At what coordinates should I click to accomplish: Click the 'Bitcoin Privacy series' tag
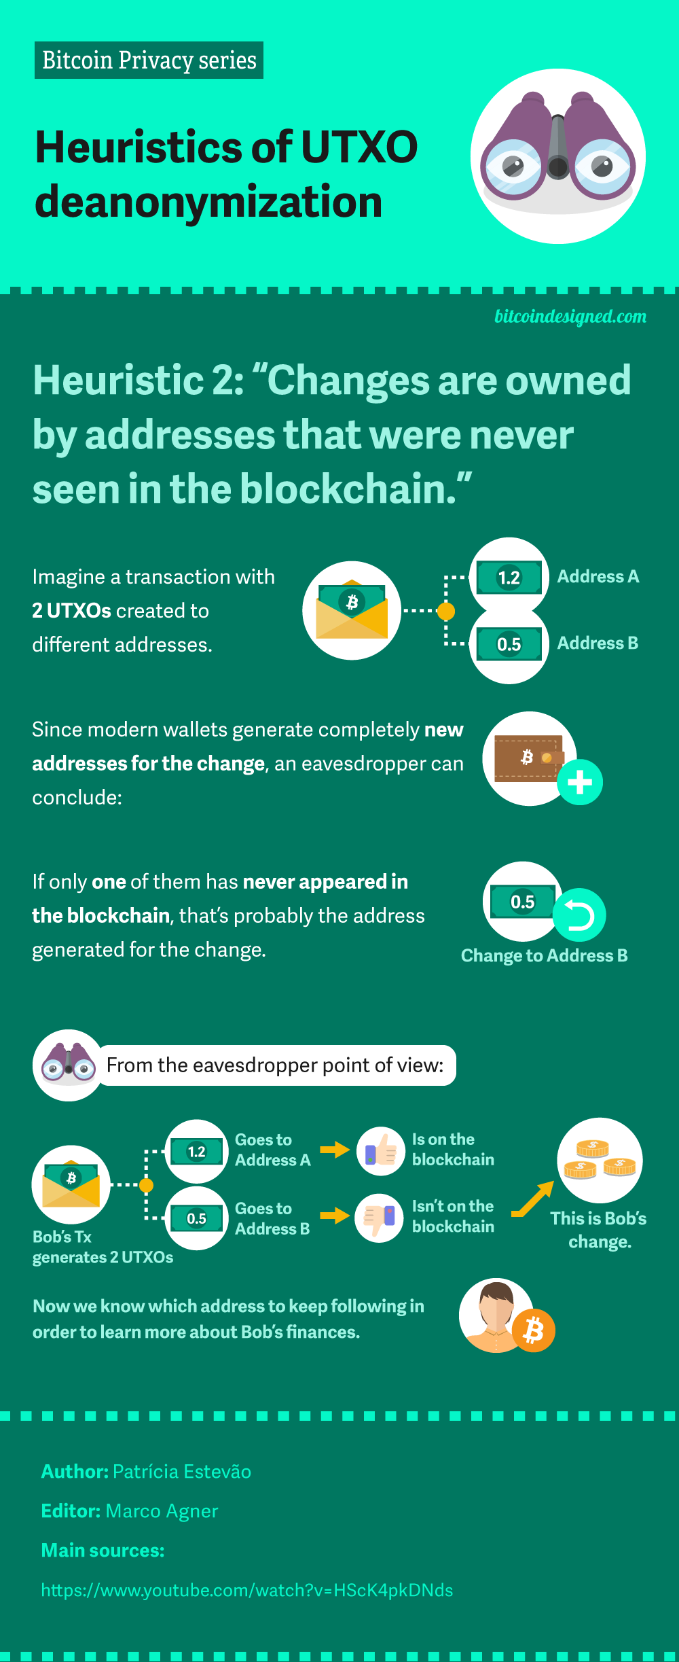point(149,60)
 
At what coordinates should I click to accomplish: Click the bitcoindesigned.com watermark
point(570,317)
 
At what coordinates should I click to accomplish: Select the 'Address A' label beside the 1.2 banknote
point(598,577)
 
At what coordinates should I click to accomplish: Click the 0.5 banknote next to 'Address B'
point(509,644)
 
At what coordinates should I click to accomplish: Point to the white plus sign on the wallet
point(580,782)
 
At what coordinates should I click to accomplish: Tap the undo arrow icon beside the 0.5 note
point(579,915)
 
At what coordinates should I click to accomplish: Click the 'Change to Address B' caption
point(544,956)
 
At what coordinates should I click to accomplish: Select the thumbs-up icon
point(381,1151)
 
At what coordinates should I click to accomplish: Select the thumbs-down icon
point(380,1218)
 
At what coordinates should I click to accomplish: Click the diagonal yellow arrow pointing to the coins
point(533,1199)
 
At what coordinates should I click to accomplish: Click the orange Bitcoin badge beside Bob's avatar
point(534,1330)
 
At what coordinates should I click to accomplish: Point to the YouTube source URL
point(246,1591)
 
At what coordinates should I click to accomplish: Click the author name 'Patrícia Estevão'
point(182,1472)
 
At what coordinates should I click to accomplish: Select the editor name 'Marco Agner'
point(162,1511)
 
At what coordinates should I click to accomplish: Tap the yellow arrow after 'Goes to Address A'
point(334,1150)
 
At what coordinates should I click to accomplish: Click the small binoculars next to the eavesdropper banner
point(68,1065)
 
